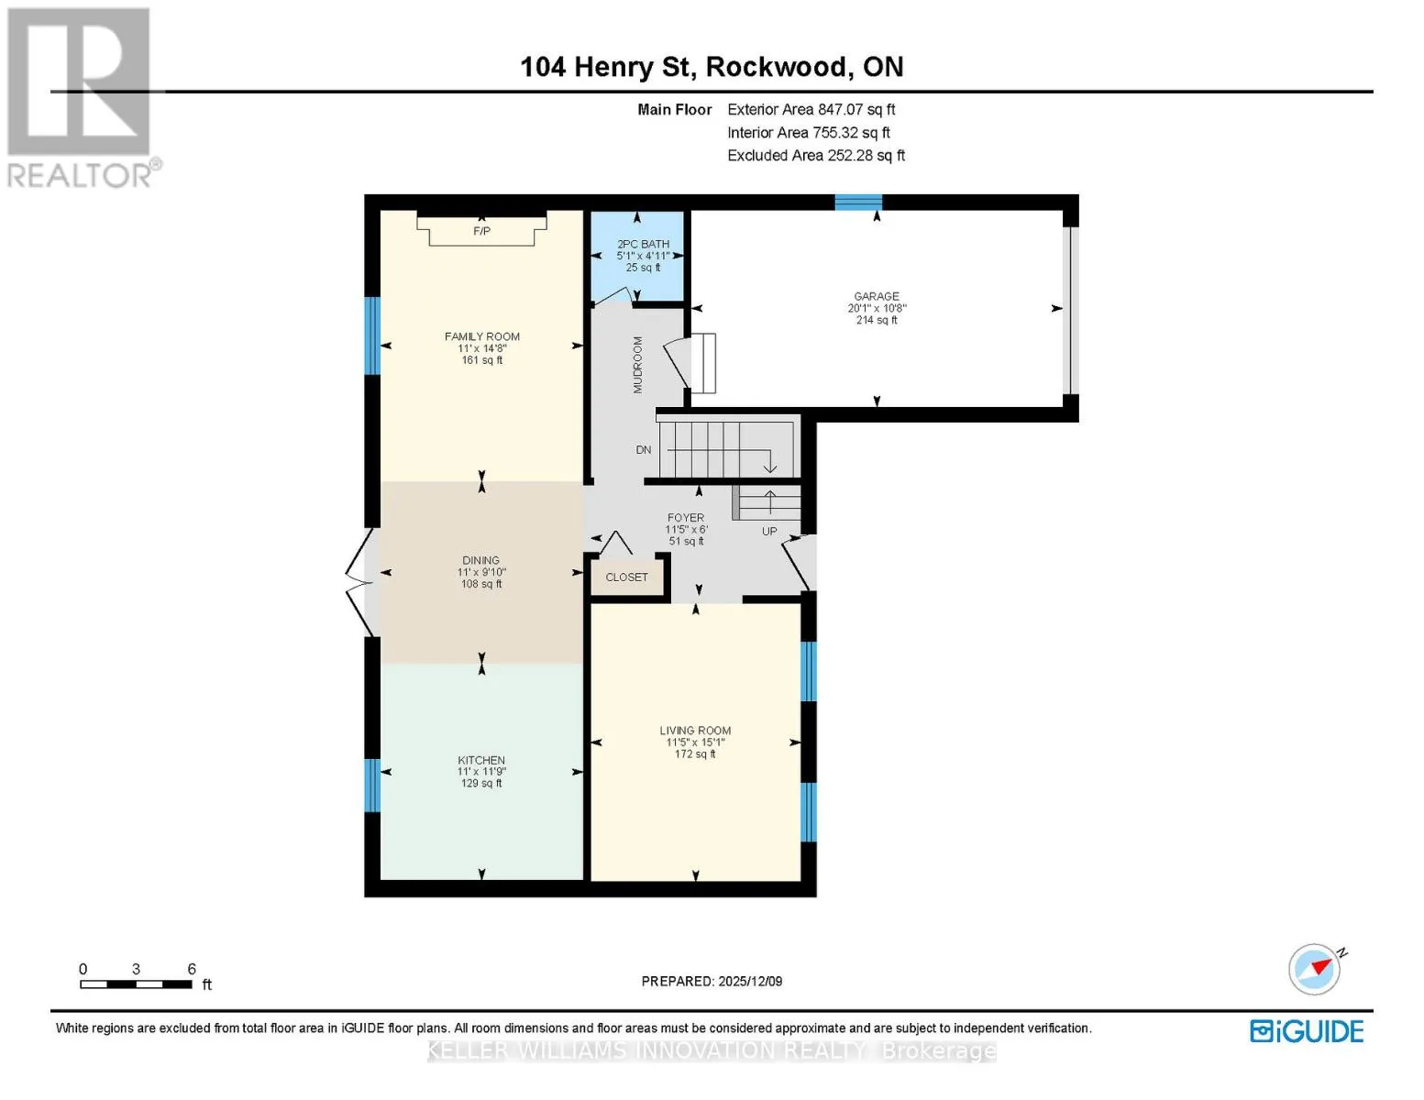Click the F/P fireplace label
click(481, 231)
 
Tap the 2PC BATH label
click(643, 244)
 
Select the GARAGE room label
click(877, 296)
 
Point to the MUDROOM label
click(637, 365)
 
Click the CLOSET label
click(626, 577)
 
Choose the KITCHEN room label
click(481, 760)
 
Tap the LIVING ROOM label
click(695, 731)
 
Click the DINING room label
click(481, 560)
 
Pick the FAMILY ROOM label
click(481, 336)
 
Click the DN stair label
click(644, 449)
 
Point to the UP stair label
click(769, 532)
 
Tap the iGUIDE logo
click(1306, 1031)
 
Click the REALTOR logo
click(82, 98)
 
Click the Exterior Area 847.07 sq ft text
click(811, 109)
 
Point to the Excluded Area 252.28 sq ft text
click(816, 155)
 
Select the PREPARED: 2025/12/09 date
click(712, 981)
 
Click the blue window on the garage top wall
click(858, 202)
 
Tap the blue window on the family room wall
click(372, 335)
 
